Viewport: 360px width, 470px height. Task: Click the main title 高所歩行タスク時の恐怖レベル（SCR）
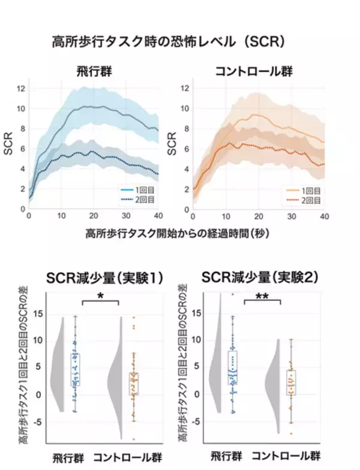pos(168,43)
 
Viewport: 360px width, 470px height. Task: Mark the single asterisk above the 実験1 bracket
pos(100,296)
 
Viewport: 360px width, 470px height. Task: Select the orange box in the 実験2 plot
pos(291,382)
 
